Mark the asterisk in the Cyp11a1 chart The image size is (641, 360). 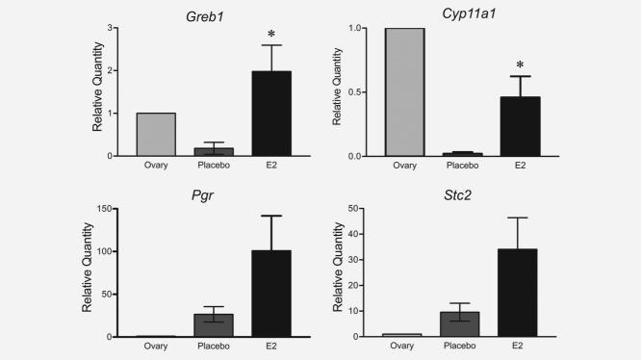(x=521, y=64)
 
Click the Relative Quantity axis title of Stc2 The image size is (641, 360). (x=338, y=273)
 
